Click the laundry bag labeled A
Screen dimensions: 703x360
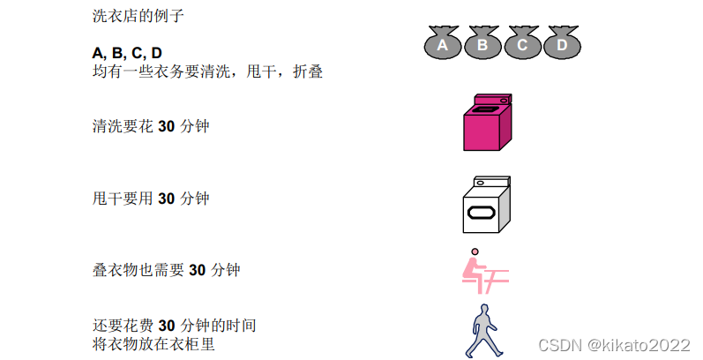coord(444,43)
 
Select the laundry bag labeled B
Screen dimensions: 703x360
coord(482,43)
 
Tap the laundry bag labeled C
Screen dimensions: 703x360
coord(522,43)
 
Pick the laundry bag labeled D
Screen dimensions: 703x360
coord(561,43)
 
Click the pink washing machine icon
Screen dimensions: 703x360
coord(487,123)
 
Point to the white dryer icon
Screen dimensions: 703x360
coord(486,205)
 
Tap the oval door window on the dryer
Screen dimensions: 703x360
coord(483,213)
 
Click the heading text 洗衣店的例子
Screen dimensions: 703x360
coord(138,16)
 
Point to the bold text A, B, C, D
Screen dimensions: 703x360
coord(127,53)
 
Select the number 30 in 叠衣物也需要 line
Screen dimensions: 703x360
coord(198,270)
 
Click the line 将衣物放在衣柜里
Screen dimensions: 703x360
coord(153,343)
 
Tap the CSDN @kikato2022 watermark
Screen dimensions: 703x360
coord(615,343)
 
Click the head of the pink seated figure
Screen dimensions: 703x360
coord(475,252)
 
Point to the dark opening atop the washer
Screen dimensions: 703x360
coord(484,110)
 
